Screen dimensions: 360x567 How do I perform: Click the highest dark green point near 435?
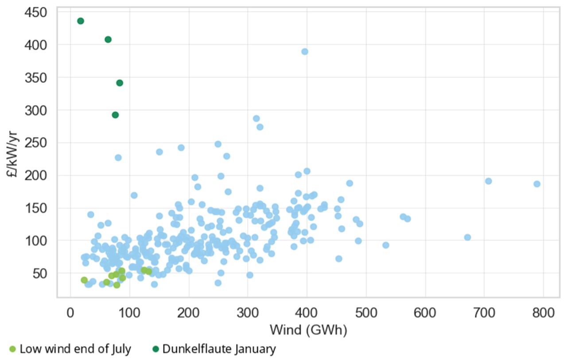(x=80, y=21)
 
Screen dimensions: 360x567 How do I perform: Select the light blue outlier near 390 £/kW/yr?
(x=305, y=51)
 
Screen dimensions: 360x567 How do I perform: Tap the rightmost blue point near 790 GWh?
(x=537, y=184)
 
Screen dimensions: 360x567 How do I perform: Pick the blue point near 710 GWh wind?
(x=489, y=181)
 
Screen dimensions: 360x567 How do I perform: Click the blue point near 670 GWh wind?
(x=467, y=237)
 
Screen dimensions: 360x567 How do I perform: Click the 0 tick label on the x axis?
(x=70, y=313)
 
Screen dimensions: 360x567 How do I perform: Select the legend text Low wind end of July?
(x=75, y=349)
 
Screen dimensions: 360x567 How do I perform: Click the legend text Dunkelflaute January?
(x=219, y=349)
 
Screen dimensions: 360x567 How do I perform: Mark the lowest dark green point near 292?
(x=115, y=115)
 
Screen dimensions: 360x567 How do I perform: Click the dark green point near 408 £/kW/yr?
(x=108, y=39)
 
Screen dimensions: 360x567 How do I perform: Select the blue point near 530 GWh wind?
(x=386, y=245)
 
